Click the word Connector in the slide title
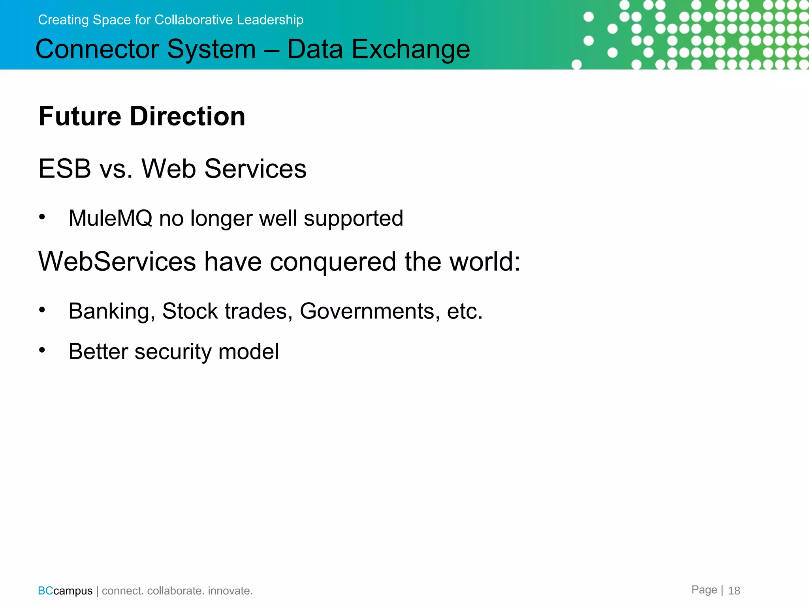tap(97, 49)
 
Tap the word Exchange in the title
tap(410, 49)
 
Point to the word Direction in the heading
tap(188, 116)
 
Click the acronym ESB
tap(65, 169)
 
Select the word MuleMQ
tap(110, 218)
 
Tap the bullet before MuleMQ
tap(42, 217)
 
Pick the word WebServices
tap(117, 262)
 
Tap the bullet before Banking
tap(42, 310)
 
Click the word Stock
tap(190, 311)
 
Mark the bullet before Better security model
tap(42, 350)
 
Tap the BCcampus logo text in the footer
tap(65, 591)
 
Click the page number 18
tap(734, 591)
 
